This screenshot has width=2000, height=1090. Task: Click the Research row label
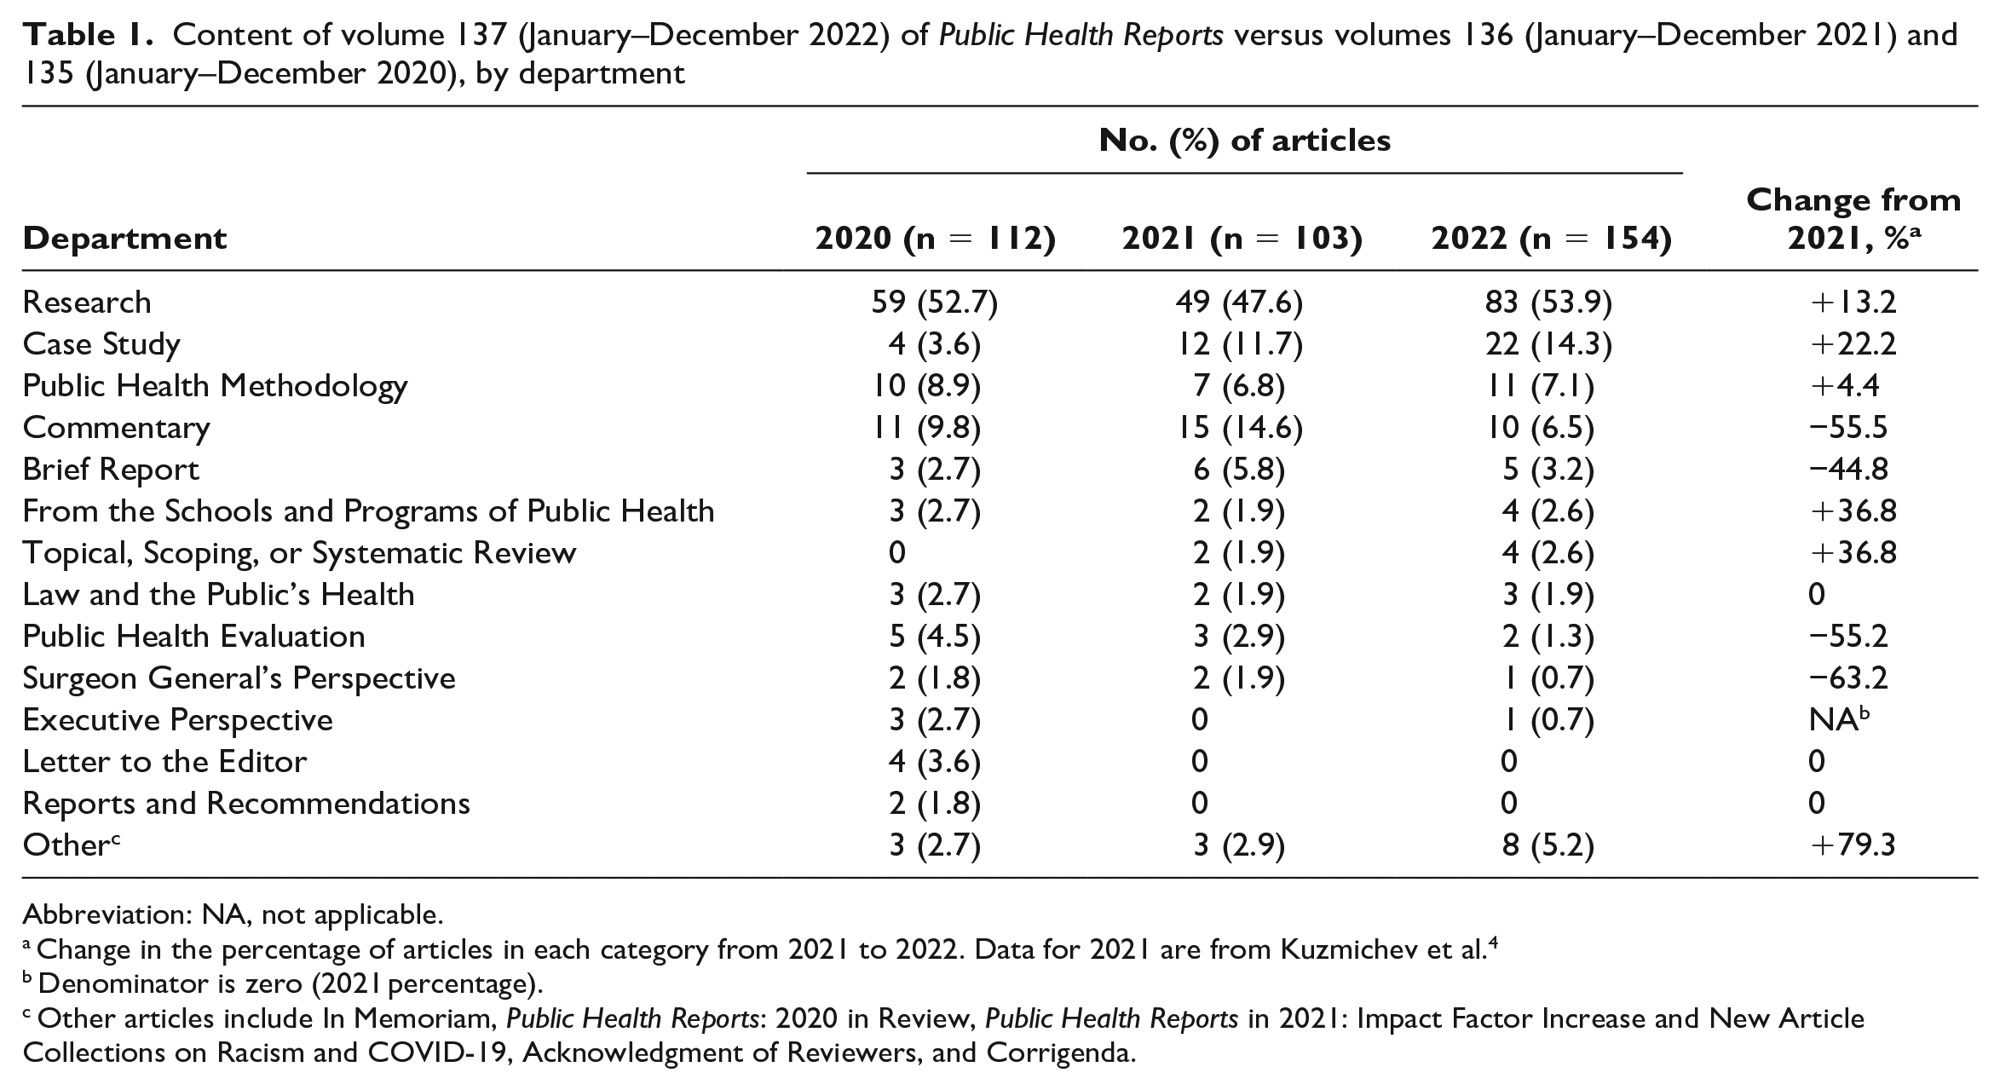[87, 303]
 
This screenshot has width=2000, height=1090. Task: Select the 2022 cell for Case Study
[1549, 344]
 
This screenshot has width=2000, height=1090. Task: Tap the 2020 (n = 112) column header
[935, 239]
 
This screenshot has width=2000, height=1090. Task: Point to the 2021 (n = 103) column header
[1242, 239]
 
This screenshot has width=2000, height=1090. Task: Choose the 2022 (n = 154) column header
[1551, 239]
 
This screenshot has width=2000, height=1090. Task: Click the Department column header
[125, 239]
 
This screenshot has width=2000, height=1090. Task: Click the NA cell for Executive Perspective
[1839, 720]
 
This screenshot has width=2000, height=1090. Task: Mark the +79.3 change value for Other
[1853, 845]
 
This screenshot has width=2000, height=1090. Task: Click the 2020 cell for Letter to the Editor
[934, 762]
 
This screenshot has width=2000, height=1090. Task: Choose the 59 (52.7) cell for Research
[934, 303]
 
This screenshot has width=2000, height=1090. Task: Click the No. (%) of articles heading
[1245, 141]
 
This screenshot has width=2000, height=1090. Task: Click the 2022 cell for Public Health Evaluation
[1548, 637]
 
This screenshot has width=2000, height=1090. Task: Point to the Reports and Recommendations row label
[246, 804]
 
